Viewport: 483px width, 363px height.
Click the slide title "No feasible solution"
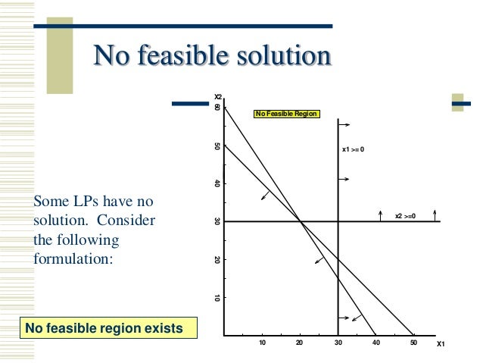coord(212,55)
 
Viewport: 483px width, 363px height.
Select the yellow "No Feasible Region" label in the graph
coord(287,114)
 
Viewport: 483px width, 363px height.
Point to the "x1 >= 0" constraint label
coord(354,149)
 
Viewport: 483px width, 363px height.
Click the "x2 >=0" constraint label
coord(406,216)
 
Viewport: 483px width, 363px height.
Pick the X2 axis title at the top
coord(217,98)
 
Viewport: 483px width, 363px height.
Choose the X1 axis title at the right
coord(441,344)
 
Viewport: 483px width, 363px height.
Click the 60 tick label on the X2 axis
coord(217,108)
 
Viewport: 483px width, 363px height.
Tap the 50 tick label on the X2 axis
coord(217,146)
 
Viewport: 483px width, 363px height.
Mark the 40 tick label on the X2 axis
coord(217,183)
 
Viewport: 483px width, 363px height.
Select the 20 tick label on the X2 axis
coord(217,260)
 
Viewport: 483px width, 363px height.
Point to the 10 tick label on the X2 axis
coord(217,298)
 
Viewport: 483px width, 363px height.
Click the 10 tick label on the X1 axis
coord(263,343)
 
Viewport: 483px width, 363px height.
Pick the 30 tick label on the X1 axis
coord(338,343)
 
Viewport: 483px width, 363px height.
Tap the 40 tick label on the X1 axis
coord(376,343)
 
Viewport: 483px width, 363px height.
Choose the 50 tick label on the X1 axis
coord(414,343)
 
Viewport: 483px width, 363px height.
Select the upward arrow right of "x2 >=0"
coord(435,216)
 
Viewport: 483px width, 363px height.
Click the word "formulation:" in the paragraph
coord(73,258)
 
